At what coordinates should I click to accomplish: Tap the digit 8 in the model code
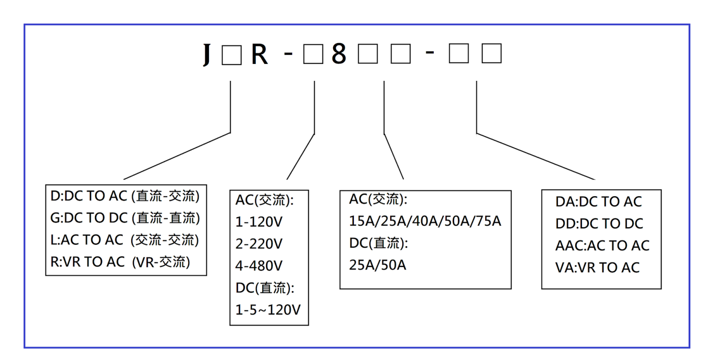[x=339, y=54]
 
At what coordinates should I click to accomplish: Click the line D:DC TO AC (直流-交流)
[x=125, y=196]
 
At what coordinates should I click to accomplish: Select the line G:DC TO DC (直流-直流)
[x=125, y=218]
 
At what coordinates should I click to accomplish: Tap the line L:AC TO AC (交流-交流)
[x=125, y=240]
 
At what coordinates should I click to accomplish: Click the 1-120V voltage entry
[x=259, y=222]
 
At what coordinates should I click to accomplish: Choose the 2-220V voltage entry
[x=259, y=244]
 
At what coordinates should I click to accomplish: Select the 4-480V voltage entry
[x=259, y=266]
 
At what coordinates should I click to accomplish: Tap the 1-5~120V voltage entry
[x=268, y=310]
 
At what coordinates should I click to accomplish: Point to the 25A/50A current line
[x=378, y=266]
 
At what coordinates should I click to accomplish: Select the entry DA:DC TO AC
[x=599, y=202]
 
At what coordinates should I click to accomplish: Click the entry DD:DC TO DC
[x=599, y=224]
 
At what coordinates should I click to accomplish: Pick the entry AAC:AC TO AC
[x=602, y=246]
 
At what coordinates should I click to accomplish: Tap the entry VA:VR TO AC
[x=598, y=267]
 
